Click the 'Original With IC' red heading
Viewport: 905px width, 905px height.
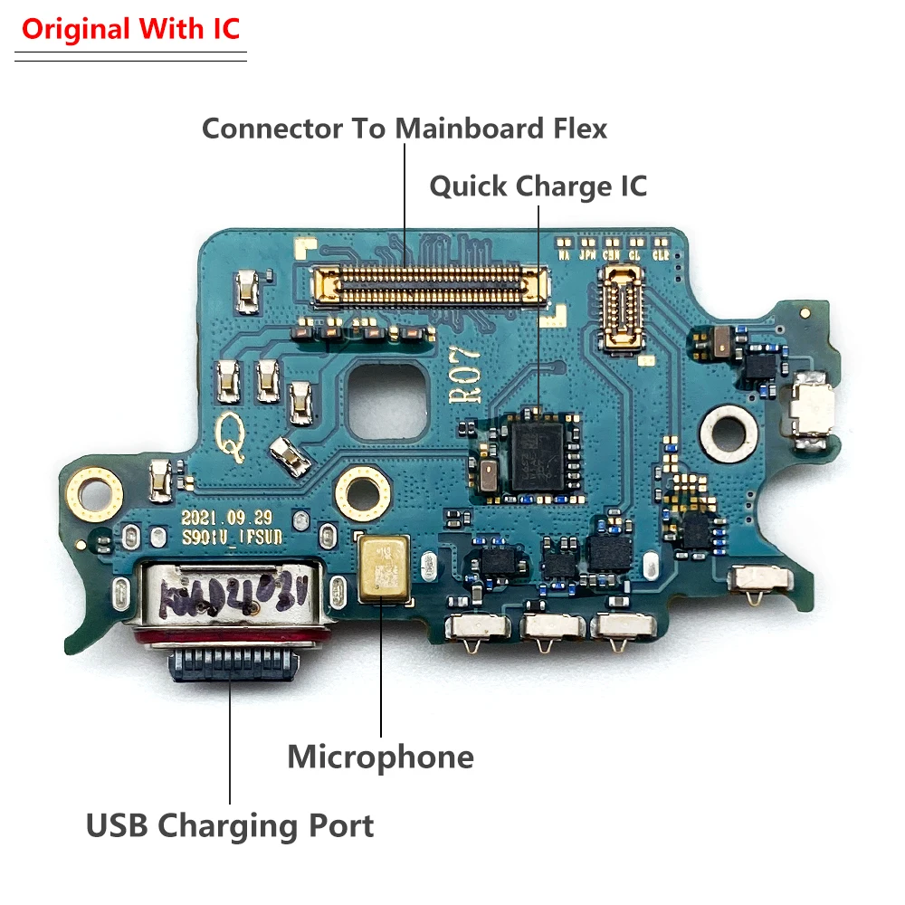(x=130, y=29)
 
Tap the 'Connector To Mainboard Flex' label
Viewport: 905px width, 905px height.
(x=404, y=129)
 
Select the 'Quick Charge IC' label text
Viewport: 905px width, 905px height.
(x=538, y=186)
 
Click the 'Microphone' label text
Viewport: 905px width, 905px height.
(x=380, y=757)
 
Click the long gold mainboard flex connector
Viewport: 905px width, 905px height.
(x=430, y=283)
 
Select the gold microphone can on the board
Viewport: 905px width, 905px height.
(x=381, y=568)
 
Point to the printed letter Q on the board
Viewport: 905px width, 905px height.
(x=229, y=443)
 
